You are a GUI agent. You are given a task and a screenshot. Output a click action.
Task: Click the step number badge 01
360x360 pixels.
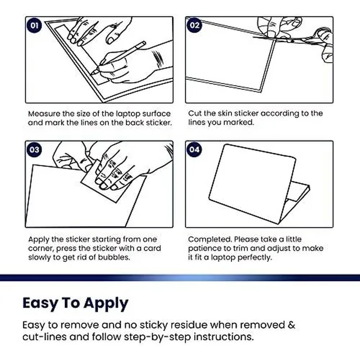click(34, 25)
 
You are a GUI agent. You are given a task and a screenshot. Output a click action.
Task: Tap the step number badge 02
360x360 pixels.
click(194, 25)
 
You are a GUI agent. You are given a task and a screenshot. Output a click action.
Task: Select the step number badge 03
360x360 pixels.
click(34, 150)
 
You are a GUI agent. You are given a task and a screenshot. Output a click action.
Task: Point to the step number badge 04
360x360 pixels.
click(194, 150)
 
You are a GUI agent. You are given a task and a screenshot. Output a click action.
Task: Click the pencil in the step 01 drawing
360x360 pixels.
click(118, 58)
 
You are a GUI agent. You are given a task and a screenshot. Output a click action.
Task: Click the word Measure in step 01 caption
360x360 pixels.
click(44, 114)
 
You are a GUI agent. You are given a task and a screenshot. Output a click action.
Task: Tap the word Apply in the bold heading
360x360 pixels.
click(106, 303)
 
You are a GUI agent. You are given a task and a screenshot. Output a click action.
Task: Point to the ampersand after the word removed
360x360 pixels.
click(291, 325)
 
